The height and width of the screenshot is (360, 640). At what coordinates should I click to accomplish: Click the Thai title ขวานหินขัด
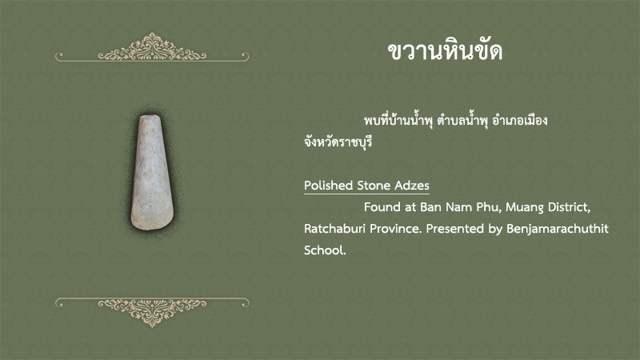[x=445, y=51]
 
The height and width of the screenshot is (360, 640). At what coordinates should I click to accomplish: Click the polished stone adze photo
[x=152, y=173]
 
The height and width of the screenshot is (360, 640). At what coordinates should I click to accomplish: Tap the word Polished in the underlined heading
[x=328, y=186]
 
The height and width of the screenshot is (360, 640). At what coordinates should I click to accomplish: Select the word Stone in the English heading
[x=372, y=186]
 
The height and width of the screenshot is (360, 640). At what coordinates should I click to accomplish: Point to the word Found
[x=382, y=207]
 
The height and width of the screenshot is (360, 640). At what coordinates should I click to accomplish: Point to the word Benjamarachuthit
[x=558, y=229]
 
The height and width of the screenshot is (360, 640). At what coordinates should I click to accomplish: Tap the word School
[x=325, y=250]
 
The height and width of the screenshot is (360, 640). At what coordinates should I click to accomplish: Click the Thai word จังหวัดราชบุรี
[x=338, y=142]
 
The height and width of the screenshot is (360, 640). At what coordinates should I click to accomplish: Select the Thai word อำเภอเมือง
[x=519, y=121]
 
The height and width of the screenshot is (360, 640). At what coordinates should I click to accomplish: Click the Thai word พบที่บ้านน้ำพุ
[x=398, y=121]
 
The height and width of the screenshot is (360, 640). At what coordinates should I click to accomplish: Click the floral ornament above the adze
[x=152, y=47]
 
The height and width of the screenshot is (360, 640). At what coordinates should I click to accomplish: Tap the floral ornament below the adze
[x=152, y=312]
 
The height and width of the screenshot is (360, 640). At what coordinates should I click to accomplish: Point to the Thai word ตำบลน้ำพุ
[x=462, y=121]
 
